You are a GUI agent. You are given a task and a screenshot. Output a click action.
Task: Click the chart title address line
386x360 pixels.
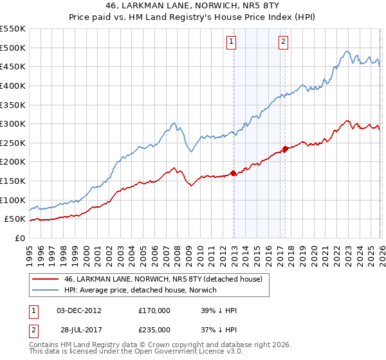192,4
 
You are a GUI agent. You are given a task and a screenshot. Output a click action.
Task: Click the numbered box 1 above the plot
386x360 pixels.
231,42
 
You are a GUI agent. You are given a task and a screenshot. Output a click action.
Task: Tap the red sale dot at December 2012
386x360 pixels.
233,173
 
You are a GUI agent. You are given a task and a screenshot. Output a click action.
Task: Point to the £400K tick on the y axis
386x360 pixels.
13,85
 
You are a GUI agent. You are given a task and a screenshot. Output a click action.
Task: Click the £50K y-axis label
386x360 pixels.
15,219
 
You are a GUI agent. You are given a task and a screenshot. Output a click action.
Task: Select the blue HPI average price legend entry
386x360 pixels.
141,291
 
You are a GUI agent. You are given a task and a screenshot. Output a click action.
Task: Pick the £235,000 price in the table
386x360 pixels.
154,330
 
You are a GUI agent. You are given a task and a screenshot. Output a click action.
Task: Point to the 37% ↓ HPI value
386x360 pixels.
218,330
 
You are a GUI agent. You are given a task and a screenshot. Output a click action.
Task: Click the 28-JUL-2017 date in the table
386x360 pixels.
78,330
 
